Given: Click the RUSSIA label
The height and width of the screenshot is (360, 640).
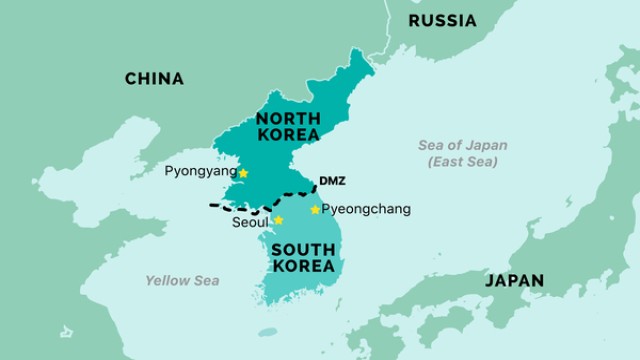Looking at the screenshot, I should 443,21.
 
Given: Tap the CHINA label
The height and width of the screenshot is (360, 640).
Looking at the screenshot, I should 154,79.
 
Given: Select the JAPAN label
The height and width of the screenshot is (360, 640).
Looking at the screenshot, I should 514,281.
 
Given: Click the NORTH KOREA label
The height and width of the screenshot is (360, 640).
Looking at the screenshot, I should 287,126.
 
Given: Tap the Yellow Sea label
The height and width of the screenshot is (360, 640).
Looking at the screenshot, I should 182,281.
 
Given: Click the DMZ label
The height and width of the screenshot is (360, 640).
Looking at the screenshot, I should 331,181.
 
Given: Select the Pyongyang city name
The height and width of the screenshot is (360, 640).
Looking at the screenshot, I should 200,172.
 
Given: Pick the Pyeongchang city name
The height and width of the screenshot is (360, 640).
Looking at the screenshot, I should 366,210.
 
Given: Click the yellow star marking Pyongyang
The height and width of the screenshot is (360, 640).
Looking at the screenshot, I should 243,173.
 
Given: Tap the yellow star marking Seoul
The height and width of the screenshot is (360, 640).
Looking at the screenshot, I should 278,220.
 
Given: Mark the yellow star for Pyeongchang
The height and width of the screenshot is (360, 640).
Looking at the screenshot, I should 315,209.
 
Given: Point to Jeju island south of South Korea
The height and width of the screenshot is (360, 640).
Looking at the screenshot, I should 267,332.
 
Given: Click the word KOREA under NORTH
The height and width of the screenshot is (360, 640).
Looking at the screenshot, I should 287,135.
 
